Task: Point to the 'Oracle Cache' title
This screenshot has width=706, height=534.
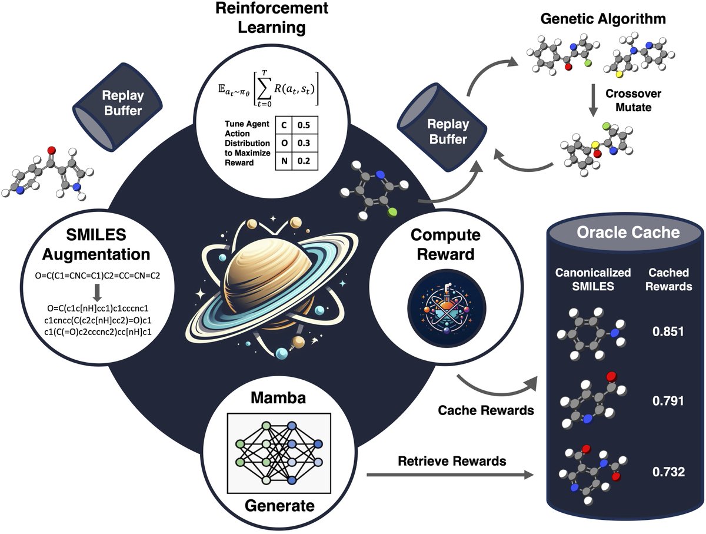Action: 627,233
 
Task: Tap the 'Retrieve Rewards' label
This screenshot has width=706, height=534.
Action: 452,461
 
